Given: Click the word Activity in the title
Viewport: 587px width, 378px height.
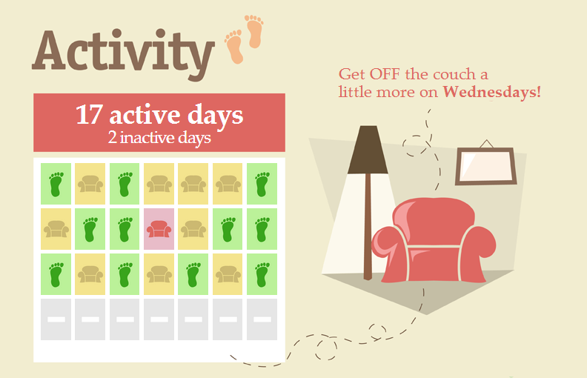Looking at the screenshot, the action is pyautogui.click(x=123, y=53).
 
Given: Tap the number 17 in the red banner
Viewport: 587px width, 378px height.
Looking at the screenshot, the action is pyautogui.click(x=89, y=115).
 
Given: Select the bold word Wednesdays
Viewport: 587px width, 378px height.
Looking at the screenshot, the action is pyautogui.click(x=491, y=93).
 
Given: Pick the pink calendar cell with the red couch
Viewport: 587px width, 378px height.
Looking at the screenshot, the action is pyautogui.click(x=159, y=229).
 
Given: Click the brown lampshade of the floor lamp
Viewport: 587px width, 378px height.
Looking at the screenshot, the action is pyautogui.click(x=368, y=150).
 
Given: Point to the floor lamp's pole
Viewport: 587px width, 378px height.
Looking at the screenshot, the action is pyautogui.click(x=368, y=226).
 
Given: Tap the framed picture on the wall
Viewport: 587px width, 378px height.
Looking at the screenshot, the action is pyautogui.click(x=486, y=166).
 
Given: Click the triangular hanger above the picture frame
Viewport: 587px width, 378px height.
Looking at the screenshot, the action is pyautogui.click(x=486, y=144).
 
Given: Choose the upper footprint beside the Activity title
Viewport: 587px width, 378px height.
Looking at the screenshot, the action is pyautogui.click(x=254, y=31).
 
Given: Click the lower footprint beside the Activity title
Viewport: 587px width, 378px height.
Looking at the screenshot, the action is pyautogui.click(x=235, y=47).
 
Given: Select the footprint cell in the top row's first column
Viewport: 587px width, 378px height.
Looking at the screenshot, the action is pyautogui.click(x=56, y=184).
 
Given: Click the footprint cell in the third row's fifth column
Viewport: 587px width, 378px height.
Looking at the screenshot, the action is pyautogui.click(x=193, y=274).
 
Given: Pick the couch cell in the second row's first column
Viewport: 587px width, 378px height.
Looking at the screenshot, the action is pyautogui.click(x=56, y=229).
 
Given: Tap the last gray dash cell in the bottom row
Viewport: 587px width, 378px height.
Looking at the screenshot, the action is pyautogui.click(x=262, y=319).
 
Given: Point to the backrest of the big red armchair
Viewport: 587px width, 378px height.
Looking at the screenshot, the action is pyautogui.click(x=434, y=221).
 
